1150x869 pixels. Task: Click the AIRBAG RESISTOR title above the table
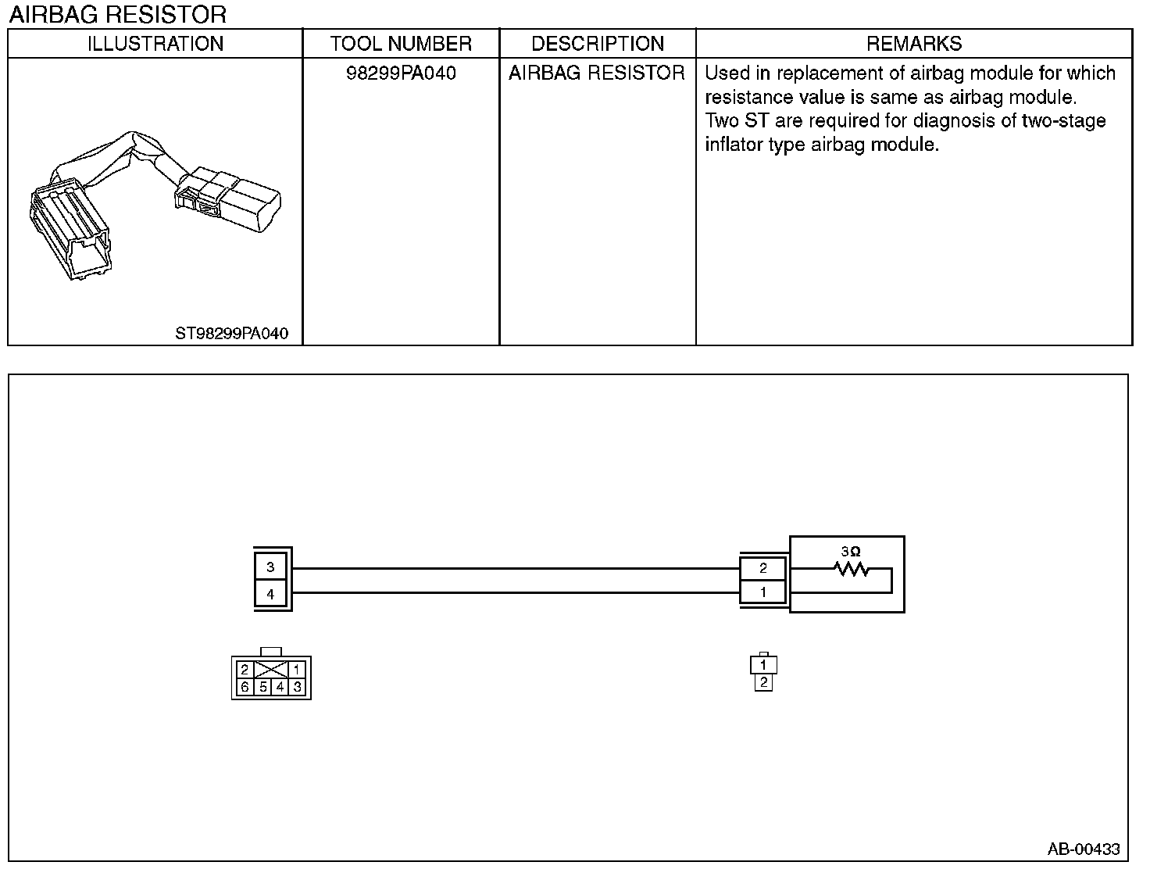pos(118,14)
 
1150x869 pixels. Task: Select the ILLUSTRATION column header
pos(155,44)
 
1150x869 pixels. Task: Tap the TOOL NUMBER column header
pos(401,44)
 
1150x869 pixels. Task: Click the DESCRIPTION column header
pos(598,44)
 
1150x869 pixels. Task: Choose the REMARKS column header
pos(914,44)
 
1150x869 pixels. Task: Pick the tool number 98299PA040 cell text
pos(401,73)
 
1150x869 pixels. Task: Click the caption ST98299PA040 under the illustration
pos(231,334)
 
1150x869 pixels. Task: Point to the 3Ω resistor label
pos(851,551)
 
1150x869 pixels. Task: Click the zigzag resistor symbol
pos(852,569)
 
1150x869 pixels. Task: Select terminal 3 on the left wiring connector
pos(270,567)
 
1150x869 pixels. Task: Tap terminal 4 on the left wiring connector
pos(270,594)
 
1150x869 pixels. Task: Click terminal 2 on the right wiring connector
pos(763,568)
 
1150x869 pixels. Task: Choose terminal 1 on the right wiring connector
pos(763,592)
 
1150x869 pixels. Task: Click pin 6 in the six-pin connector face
pos(245,688)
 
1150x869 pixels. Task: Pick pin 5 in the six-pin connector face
pos(263,688)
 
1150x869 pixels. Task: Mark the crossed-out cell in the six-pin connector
pos(271,670)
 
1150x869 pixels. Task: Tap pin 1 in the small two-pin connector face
pos(763,665)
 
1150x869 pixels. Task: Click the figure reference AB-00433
pos(1084,849)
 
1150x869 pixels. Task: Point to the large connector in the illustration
pos(69,227)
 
